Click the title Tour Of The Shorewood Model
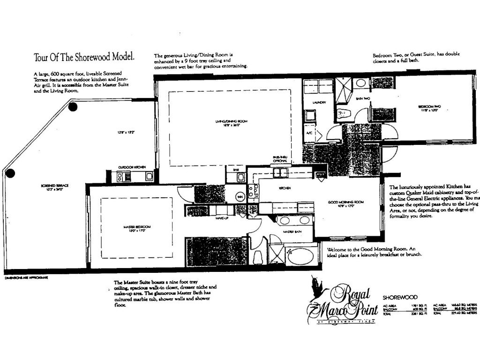[84, 57]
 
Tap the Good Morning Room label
[346, 202]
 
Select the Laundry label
[319, 102]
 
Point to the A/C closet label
[309, 133]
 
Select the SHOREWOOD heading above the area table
[397, 297]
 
